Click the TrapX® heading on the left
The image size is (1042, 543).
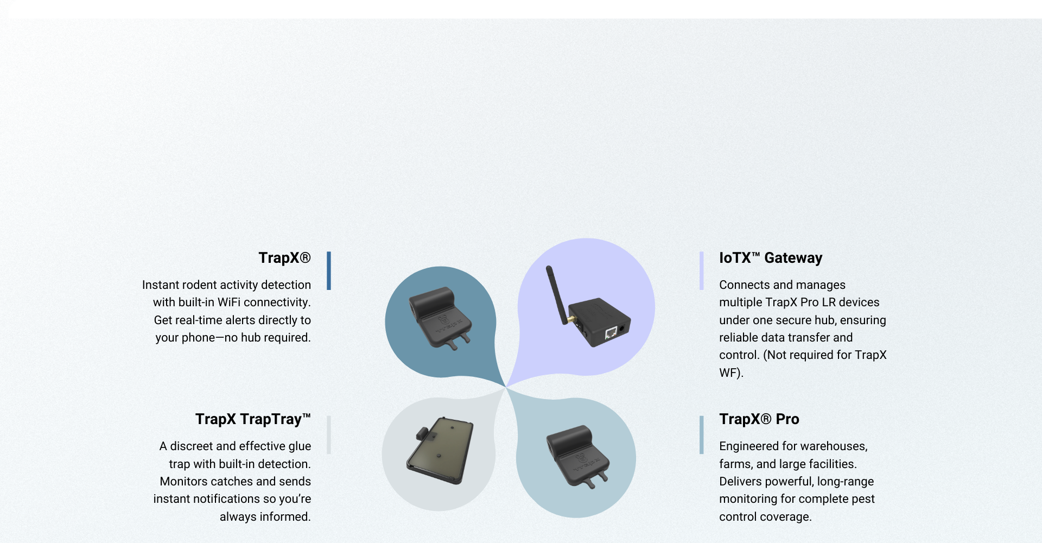click(x=284, y=258)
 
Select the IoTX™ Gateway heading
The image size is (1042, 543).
click(x=771, y=258)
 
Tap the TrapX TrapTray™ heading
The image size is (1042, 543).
click(x=253, y=419)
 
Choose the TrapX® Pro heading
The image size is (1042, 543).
click(x=759, y=419)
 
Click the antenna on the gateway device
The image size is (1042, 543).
click(x=555, y=293)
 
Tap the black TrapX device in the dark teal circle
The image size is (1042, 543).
click(x=440, y=318)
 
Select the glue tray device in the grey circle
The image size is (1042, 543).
click(x=440, y=450)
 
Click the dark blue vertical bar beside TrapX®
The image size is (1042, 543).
click(x=329, y=270)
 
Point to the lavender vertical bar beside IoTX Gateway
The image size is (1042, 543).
click(x=702, y=270)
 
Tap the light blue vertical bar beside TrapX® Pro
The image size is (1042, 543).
click(x=702, y=434)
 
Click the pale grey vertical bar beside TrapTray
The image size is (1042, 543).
click(x=329, y=434)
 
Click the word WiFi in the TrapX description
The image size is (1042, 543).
click(x=229, y=302)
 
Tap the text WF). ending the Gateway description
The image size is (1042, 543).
click(x=731, y=373)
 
